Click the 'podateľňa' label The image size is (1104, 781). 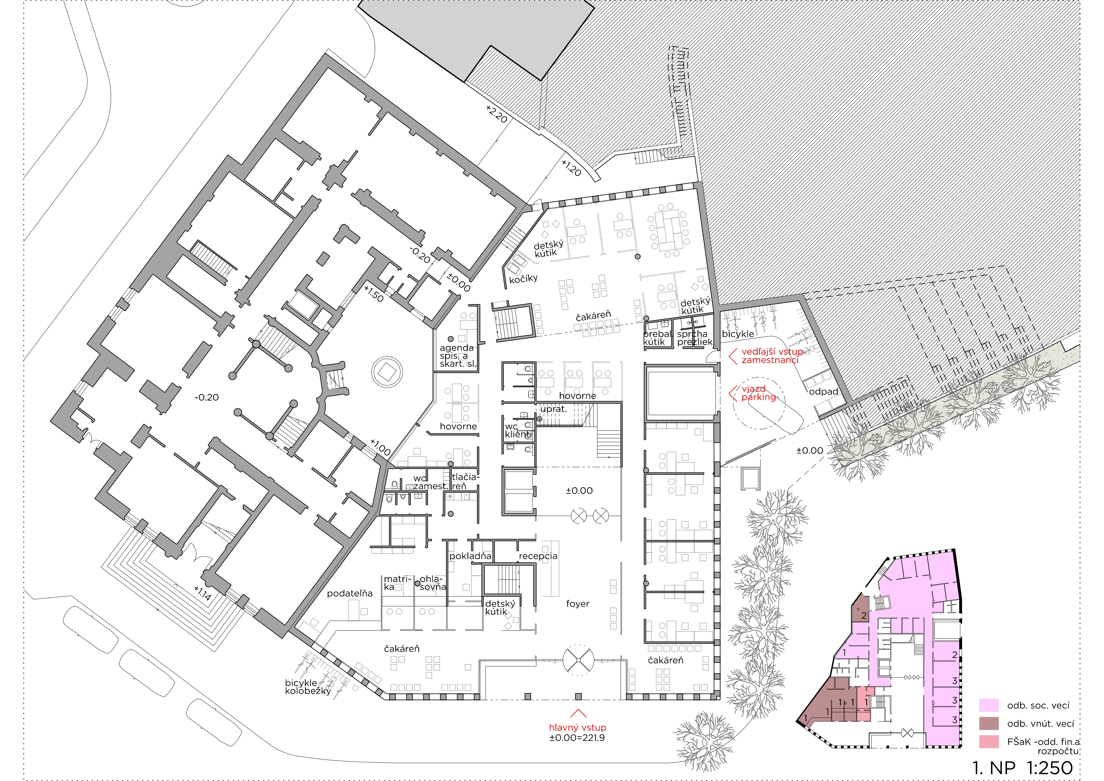tap(350, 593)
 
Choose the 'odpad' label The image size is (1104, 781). tap(823, 392)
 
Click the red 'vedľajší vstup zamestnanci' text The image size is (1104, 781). tap(771, 356)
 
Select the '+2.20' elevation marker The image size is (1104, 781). tap(496, 114)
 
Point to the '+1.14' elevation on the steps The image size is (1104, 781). tap(202, 593)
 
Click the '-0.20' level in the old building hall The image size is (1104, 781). tap(207, 397)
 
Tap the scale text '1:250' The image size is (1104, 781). tap(1050, 767)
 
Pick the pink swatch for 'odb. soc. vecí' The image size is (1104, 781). tap(989, 705)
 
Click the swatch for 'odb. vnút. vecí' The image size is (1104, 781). tap(989, 723)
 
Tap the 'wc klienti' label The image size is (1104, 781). tap(518, 430)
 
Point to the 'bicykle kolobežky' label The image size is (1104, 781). tap(308, 687)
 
